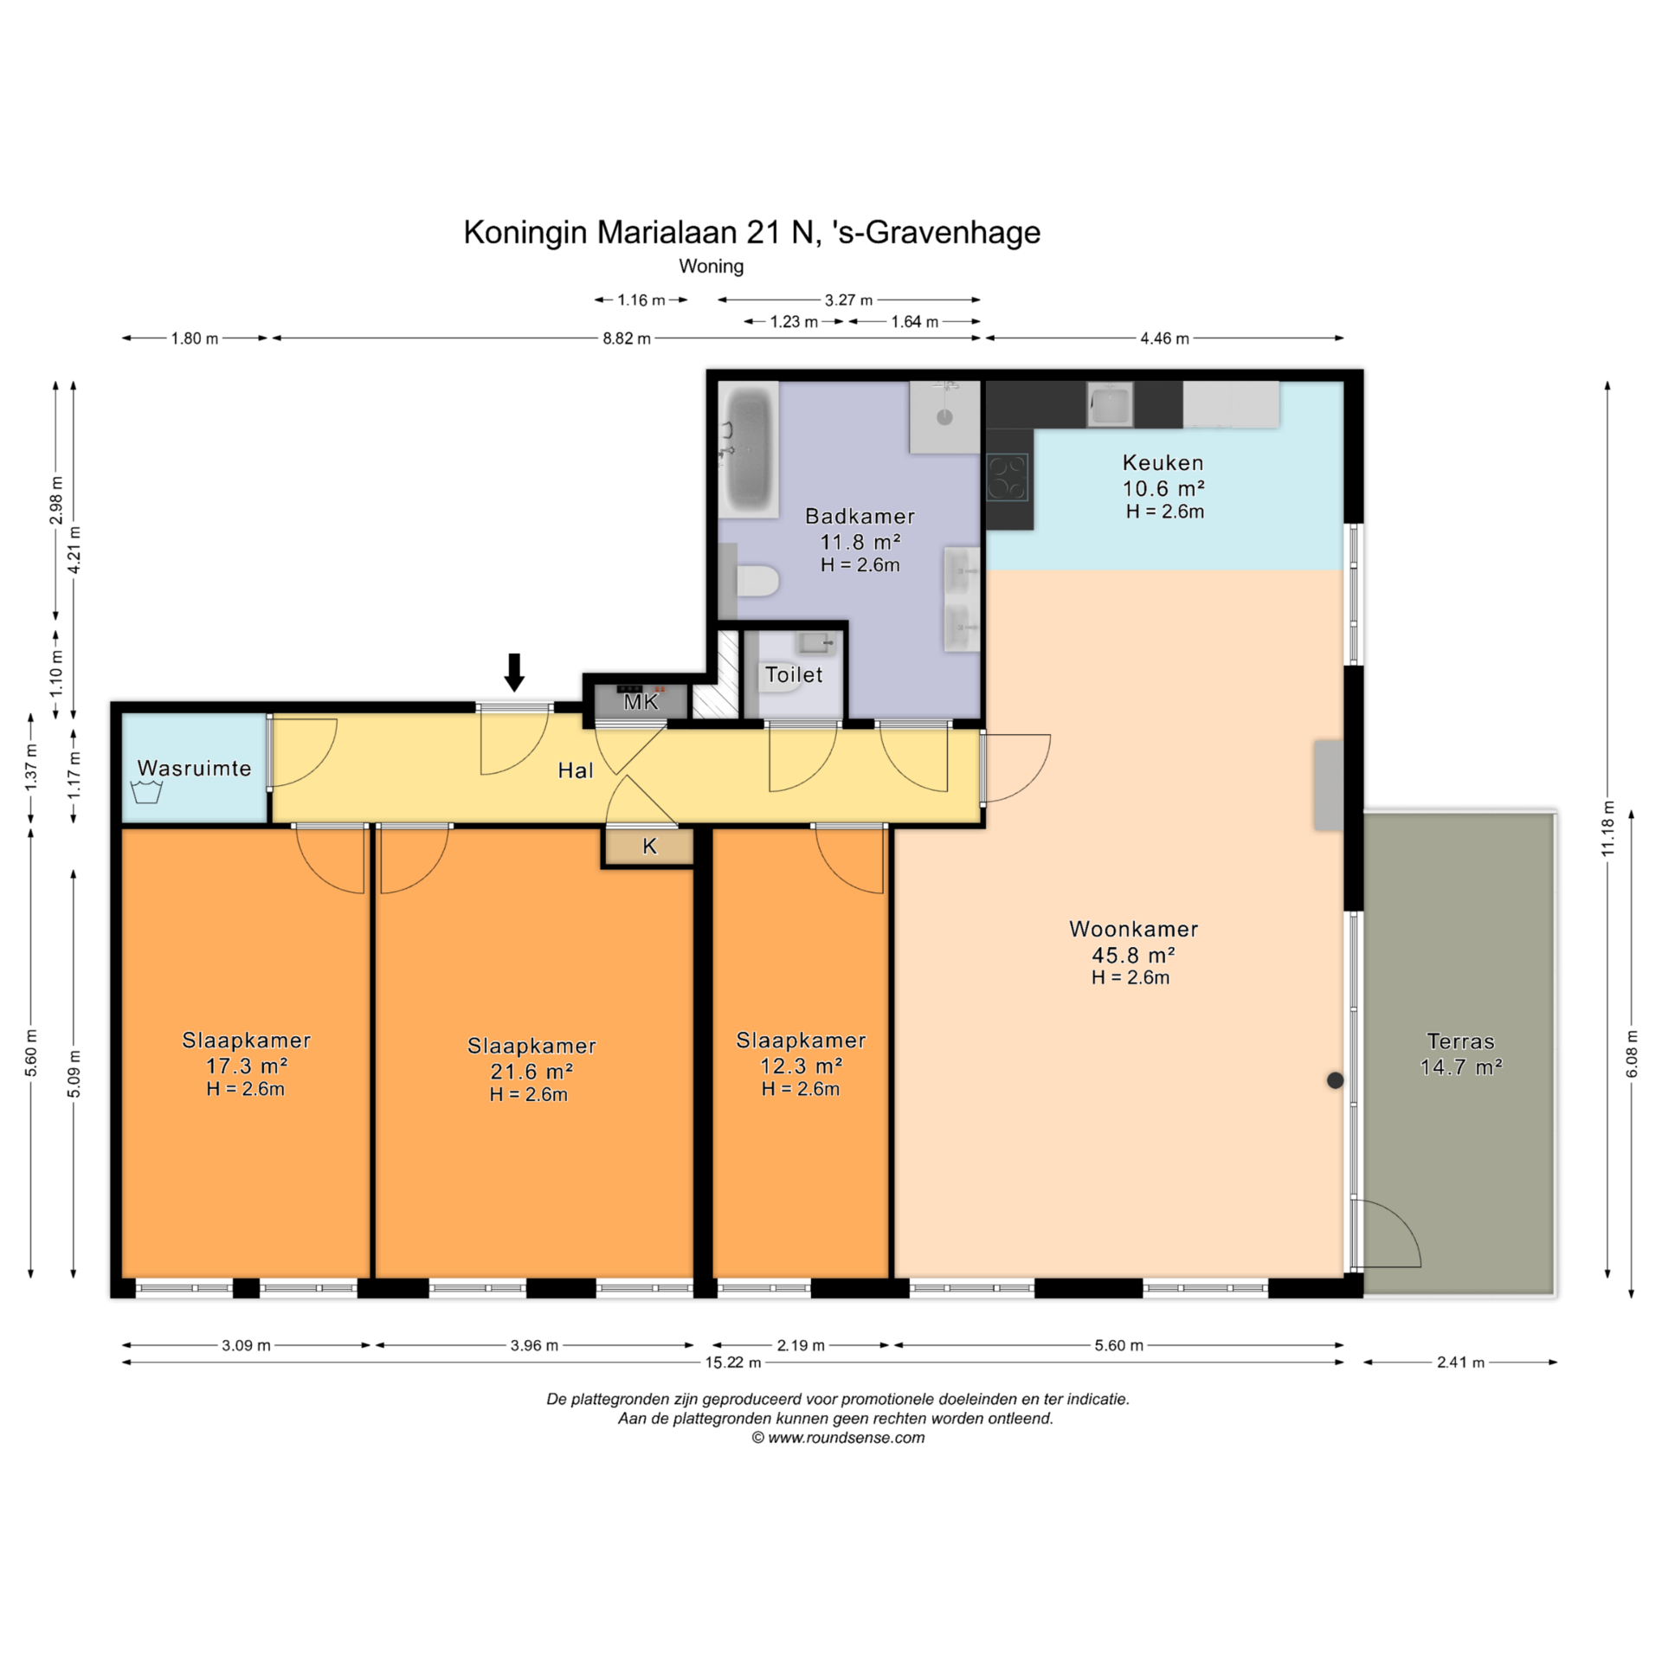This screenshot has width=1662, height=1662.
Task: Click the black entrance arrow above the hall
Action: pos(514,673)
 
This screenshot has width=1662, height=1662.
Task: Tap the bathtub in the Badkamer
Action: pos(749,449)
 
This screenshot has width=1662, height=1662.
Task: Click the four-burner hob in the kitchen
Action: pos(1007,478)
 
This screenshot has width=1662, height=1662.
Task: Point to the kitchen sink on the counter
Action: pos(1111,405)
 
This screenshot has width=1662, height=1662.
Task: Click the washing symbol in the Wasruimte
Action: pos(146,791)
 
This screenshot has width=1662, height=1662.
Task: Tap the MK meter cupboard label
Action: pos(641,702)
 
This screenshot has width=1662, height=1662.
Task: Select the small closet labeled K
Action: pos(649,847)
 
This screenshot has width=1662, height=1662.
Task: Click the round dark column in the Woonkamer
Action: pos(1336,1079)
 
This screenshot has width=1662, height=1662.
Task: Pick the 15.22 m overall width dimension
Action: pos(733,1362)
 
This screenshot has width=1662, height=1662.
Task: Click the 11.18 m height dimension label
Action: pos(1608,828)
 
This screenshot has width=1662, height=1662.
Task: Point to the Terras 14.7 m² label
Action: pos(1461,1053)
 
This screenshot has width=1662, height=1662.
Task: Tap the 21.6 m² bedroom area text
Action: pos(531,1071)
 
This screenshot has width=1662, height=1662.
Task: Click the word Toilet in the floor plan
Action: pos(794,674)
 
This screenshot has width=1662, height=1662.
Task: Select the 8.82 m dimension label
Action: pos(627,338)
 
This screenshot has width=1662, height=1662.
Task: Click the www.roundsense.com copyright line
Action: pos(838,1437)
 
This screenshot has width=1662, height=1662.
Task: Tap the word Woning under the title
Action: pos(712,266)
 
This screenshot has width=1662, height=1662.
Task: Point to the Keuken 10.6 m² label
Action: pos(1164,475)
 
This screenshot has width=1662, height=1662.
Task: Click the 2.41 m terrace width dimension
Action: pos(1460,1362)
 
